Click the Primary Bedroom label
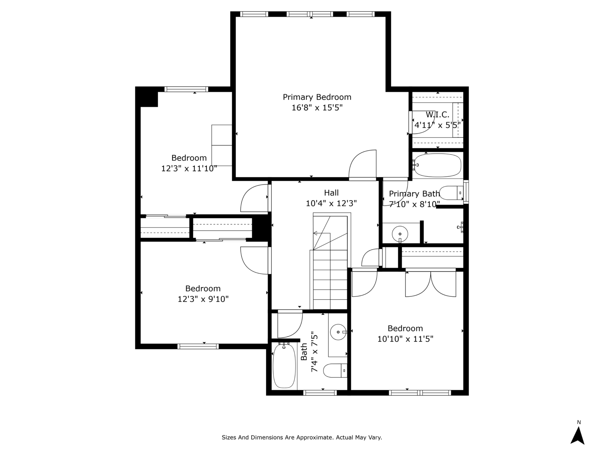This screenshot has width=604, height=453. click(x=317, y=97)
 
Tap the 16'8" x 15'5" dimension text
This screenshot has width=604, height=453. click(x=317, y=108)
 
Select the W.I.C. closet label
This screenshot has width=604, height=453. click(x=438, y=115)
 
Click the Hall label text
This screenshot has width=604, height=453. click(x=331, y=193)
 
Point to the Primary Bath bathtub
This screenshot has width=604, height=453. click(x=438, y=165)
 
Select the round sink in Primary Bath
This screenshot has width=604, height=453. click(x=400, y=234)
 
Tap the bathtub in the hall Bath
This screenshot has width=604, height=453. click(x=284, y=365)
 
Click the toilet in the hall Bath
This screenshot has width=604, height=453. click(x=335, y=370)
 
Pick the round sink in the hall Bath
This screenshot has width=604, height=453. click(x=338, y=332)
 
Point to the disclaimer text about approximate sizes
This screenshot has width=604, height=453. click(x=302, y=437)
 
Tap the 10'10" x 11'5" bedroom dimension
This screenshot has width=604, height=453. click(x=405, y=339)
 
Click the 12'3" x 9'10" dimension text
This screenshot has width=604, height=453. click(x=203, y=299)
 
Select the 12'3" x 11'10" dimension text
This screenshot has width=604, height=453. click(x=189, y=168)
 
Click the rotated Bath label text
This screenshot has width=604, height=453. click(x=304, y=352)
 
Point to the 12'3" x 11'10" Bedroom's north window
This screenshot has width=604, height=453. click(x=186, y=89)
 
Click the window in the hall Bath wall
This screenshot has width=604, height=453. click(x=320, y=393)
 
